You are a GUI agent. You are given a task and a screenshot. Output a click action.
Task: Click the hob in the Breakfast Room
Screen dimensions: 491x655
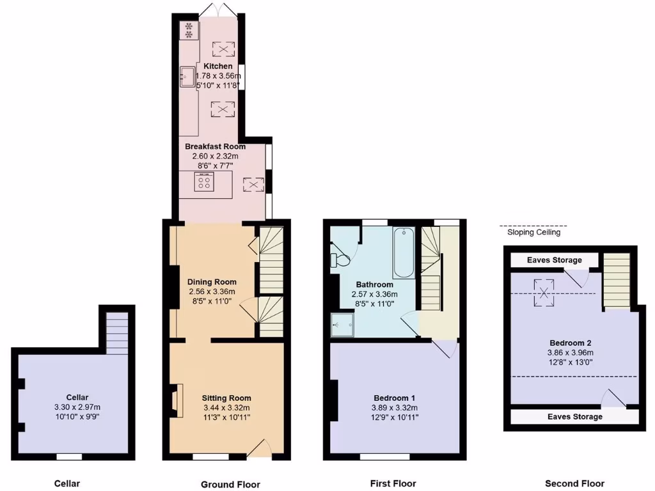(x=205, y=183)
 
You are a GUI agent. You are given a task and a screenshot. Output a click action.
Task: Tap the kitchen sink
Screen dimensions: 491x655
(x=187, y=77)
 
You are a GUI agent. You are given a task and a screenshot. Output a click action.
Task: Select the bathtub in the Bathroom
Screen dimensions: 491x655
(x=403, y=251)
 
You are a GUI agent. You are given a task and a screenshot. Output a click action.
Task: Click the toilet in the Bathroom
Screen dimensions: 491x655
(x=340, y=260)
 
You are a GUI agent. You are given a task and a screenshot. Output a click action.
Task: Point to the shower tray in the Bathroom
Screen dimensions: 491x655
(x=343, y=325)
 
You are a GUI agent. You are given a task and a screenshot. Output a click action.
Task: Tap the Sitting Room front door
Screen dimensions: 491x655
(x=260, y=449)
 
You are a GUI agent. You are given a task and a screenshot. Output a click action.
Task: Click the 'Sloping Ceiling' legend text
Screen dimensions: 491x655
(x=533, y=233)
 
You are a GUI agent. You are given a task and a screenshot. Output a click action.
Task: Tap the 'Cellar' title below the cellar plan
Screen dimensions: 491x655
(x=67, y=483)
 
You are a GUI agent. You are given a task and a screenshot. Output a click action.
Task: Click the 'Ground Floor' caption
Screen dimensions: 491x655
(x=230, y=485)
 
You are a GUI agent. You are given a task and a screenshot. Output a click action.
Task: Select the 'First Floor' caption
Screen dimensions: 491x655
(x=393, y=483)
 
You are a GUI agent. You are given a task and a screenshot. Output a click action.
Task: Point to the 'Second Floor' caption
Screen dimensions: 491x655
(x=574, y=483)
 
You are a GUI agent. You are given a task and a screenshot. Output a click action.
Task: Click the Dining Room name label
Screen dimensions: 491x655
(x=212, y=282)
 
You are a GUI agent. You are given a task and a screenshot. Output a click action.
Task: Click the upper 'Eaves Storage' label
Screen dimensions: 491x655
(x=555, y=260)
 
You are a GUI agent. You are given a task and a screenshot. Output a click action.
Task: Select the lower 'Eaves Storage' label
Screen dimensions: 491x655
(x=574, y=417)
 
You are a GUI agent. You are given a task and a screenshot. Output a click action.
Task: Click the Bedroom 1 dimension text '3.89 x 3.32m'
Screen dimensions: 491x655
(x=394, y=408)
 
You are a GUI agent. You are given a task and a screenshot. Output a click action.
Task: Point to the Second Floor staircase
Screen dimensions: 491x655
(x=617, y=280)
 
